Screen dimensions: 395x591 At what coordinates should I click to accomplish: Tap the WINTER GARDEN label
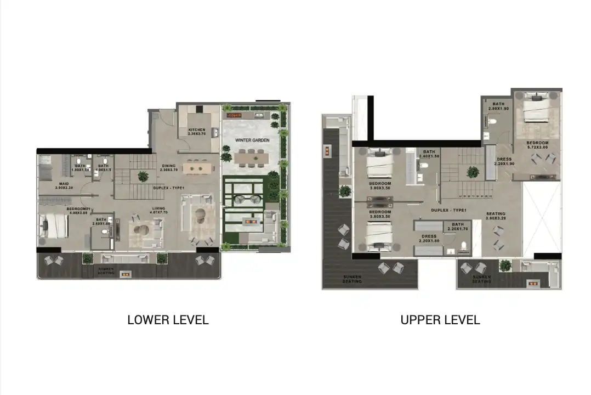tap(250, 140)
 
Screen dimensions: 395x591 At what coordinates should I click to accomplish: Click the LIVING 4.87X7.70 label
tap(158, 211)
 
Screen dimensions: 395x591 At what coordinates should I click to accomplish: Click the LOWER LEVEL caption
tap(168, 320)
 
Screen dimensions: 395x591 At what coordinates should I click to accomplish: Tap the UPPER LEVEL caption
tap(440, 320)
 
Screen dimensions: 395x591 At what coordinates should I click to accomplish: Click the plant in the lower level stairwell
tap(143, 176)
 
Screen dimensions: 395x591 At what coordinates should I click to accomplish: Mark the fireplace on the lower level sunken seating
tap(125, 273)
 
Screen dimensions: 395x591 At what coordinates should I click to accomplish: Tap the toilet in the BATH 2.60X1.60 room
tap(105, 232)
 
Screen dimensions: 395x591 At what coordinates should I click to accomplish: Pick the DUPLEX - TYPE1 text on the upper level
tap(448, 210)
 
